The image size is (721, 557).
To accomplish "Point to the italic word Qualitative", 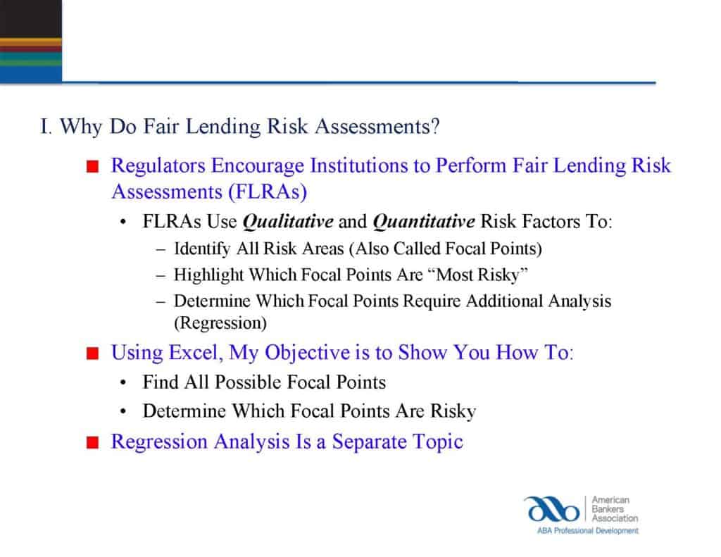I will tap(287, 222).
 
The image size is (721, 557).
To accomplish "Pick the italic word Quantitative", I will tap(423, 222).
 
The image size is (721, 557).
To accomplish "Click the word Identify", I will tap(199, 249).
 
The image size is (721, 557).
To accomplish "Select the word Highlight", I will tap(203, 275).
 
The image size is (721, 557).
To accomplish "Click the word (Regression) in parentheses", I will tap(220, 324).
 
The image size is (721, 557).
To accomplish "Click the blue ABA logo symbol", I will tap(550, 508).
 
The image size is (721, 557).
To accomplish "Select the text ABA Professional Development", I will tap(580, 530).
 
